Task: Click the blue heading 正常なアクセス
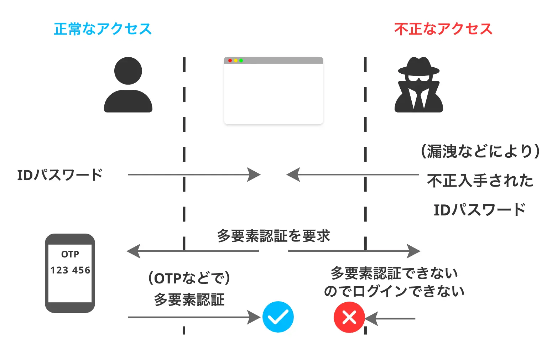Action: point(103,29)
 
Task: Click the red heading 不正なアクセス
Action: point(443,29)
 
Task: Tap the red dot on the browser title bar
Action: point(230,61)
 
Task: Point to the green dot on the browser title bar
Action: point(241,61)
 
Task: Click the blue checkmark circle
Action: point(278,317)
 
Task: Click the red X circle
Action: point(349,317)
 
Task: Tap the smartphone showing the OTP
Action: point(70,273)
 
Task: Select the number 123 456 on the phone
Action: point(70,270)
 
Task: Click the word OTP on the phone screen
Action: point(70,254)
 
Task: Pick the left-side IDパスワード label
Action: point(60,175)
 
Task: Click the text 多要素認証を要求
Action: point(273,236)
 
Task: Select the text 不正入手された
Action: point(480,181)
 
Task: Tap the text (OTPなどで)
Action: point(189,278)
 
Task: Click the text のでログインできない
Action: point(394,291)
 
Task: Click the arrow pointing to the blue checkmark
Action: point(194,317)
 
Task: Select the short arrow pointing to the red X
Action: point(390,318)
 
